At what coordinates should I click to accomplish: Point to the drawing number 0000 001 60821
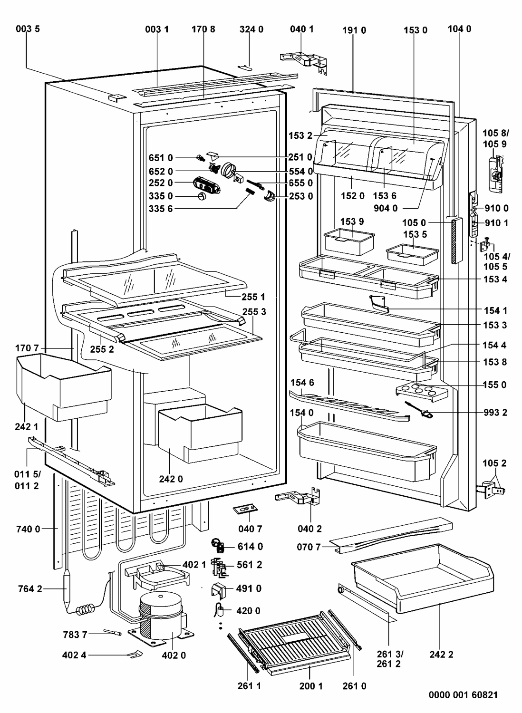pos(463,695)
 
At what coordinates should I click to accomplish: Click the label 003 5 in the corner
pos(28,29)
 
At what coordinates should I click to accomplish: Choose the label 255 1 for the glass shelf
pos(253,297)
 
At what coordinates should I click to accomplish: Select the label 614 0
pos(250,547)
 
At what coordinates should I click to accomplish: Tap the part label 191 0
pos(354,29)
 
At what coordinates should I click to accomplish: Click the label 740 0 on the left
pos(28,529)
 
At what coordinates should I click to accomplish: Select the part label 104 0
pos(460,29)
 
